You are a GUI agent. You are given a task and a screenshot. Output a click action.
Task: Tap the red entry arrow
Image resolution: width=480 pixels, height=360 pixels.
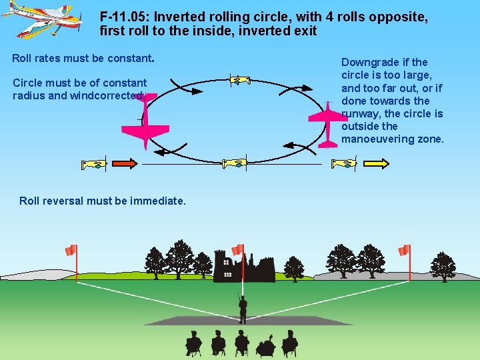click(x=123, y=163)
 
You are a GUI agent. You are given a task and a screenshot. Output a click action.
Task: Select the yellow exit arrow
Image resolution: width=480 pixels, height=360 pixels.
click(x=377, y=163)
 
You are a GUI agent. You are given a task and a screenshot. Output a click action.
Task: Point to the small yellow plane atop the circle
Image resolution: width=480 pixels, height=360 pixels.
click(x=239, y=81)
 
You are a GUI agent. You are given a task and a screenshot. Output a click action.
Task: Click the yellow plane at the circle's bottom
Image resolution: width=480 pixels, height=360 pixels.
click(x=235, y=163)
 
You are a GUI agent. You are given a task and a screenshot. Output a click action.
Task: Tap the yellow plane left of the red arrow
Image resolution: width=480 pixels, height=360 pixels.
click(x=93, y=163)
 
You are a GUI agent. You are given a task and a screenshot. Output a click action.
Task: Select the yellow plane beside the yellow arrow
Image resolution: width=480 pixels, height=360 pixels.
click(x=345, y=163)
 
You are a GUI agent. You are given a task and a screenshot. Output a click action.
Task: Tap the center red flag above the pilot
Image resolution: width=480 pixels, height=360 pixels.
click(x=237, y=249)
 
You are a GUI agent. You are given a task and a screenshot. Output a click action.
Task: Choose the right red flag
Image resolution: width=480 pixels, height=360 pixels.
click(x=403, y=250)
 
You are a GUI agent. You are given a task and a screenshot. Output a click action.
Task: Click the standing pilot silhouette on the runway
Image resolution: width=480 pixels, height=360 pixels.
click(x=243, y=308)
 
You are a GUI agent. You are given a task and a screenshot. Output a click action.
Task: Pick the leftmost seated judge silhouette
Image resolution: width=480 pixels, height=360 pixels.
click(x=193, y=343)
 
